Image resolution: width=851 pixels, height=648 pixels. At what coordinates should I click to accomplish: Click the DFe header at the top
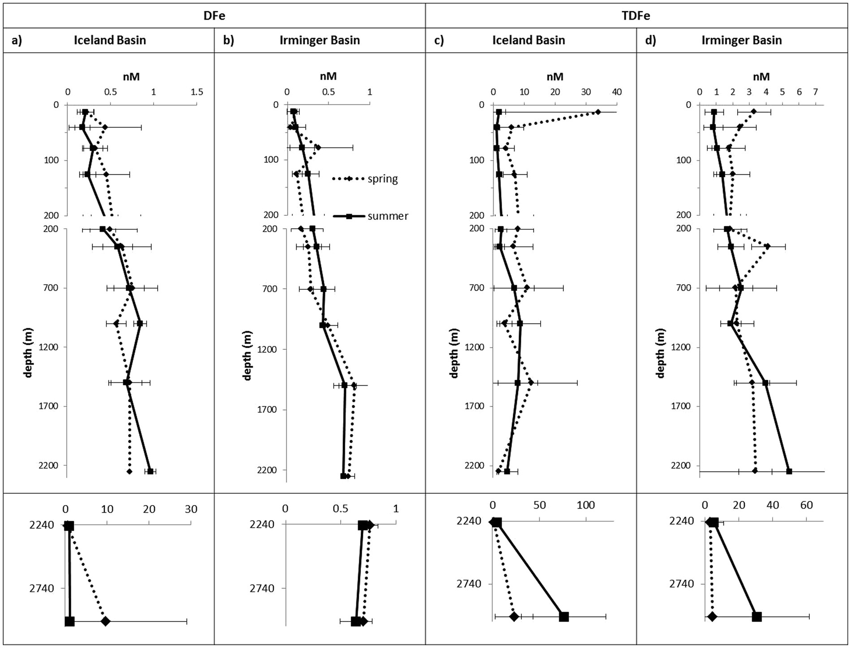(214, 16)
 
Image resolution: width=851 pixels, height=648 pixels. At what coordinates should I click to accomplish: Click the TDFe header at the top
(636, 16)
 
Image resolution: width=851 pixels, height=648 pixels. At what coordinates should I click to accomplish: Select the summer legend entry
(387, 216)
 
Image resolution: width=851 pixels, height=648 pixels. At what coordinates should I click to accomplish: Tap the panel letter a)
(17, 40)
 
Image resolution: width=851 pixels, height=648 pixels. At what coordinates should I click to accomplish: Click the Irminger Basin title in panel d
(741, 40)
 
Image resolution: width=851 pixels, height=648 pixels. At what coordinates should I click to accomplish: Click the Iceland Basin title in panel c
(529, 40)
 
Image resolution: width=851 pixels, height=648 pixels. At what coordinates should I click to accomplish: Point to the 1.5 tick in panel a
(197, 92)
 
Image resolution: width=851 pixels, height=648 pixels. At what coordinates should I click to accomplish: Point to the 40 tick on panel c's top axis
(617, 92)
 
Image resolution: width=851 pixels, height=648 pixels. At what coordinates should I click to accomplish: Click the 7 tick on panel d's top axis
(816, 92)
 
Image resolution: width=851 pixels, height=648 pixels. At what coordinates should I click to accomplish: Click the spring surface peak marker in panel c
(597, 112)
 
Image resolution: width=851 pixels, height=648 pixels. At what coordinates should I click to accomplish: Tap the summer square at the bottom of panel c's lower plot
(564, 617)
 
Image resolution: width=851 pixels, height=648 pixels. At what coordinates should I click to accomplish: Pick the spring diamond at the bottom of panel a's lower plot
(106, 621)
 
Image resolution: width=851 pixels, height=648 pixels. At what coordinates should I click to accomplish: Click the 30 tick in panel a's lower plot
(191, 509)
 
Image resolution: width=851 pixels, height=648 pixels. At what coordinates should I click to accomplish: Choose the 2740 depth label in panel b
(262, 588)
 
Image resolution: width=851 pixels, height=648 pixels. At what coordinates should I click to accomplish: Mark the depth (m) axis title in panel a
(29, 352)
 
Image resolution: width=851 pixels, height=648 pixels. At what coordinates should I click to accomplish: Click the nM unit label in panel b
(328, 77)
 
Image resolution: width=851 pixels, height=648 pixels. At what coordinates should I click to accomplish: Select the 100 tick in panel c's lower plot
(585, 506)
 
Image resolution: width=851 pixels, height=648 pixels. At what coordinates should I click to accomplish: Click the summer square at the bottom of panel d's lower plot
(756, 617)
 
